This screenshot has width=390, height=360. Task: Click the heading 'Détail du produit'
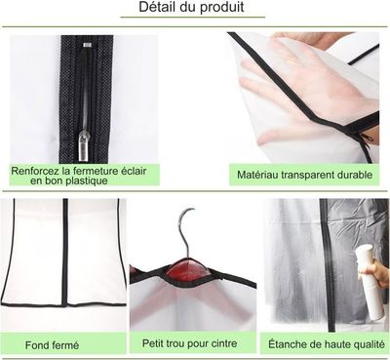195,9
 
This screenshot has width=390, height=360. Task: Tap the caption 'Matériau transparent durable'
304,176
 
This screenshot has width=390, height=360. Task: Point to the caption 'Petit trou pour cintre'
190,344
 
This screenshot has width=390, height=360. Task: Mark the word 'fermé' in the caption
67,344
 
